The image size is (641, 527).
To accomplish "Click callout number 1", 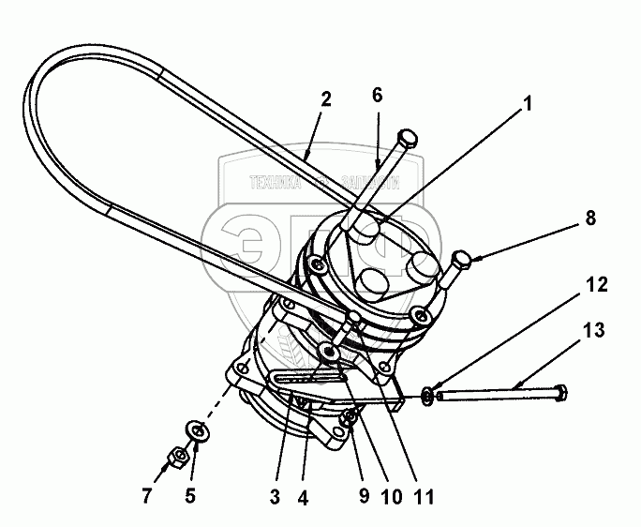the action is click(529, 105).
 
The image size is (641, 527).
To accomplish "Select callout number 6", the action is click(377, 95).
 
